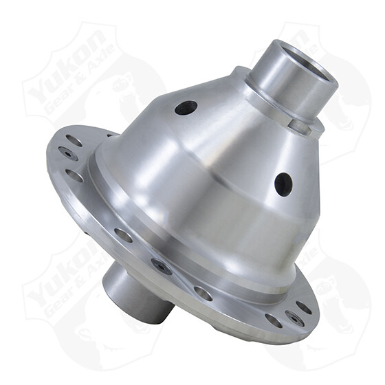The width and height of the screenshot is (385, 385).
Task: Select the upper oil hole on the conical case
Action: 186,108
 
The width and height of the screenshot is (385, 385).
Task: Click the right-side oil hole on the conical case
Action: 283,184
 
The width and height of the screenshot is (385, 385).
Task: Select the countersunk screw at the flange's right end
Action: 294,318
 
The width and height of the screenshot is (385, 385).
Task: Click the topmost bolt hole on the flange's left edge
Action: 74,141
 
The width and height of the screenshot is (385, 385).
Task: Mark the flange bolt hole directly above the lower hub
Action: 123,235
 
